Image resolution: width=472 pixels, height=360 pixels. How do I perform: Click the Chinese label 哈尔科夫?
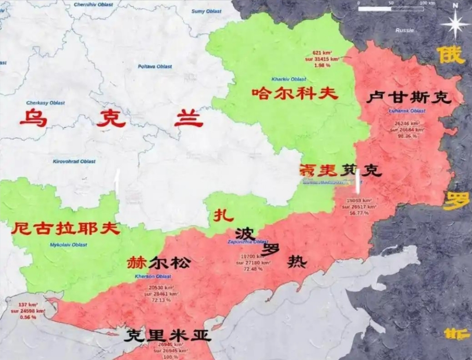coord(295,93)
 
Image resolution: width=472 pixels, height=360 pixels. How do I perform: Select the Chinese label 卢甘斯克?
coord(408,97)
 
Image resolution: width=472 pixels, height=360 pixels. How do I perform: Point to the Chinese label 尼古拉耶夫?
coord(65,229)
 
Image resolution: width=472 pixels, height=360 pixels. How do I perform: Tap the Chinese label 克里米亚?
coord(167,336)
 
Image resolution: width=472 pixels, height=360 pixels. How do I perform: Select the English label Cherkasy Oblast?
coord(45,103)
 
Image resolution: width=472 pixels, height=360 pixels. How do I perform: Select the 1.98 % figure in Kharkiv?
coord(322,65)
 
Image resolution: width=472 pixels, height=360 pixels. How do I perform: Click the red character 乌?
coord(33,119)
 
